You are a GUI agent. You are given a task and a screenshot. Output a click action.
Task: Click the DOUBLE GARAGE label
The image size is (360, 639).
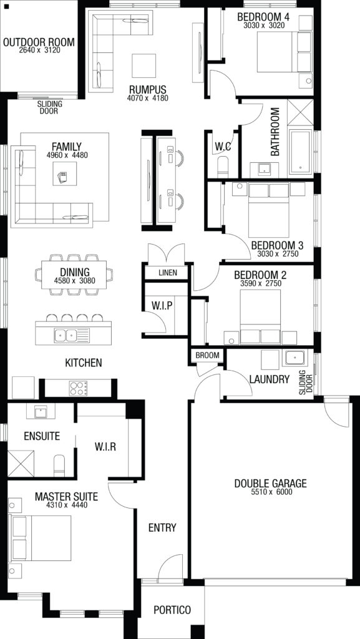[270, 484]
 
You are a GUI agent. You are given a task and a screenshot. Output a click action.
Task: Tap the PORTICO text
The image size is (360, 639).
[172, 610]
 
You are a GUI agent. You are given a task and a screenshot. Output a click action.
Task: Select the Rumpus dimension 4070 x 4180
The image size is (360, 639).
[147, 98]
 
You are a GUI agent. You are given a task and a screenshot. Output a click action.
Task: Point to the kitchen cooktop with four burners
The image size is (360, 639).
[79, 388]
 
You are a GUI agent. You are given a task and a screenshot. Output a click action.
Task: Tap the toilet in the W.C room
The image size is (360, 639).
[223, 167]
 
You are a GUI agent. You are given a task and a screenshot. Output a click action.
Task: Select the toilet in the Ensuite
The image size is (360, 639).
[59, 465]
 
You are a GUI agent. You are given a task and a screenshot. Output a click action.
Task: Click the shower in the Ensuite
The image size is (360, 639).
[21, 463]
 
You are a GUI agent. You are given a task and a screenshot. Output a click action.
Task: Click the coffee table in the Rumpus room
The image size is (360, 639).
[144, 66]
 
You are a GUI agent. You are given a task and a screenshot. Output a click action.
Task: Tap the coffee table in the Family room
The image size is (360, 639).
[64, 174]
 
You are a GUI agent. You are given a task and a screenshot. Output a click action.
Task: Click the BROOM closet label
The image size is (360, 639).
[207, 355]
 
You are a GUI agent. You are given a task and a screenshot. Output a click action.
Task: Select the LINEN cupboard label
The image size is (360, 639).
[168, 273]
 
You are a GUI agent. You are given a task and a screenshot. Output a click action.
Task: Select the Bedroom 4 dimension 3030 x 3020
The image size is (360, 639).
[264, 25]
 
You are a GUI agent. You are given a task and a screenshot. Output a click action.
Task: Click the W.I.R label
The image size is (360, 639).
[105, 447]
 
